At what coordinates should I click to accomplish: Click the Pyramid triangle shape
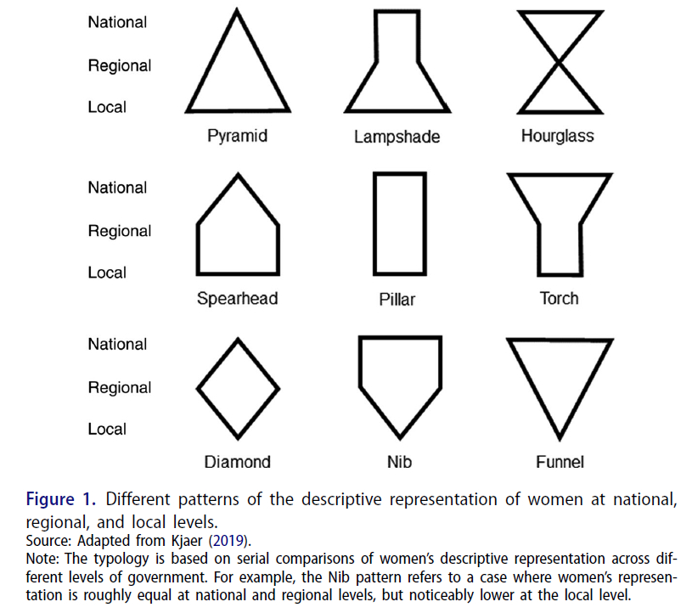[x=239, y=72]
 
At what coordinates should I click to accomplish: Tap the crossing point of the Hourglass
[x=558, y=62]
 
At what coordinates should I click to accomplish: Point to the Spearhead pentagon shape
[x=239, y=229]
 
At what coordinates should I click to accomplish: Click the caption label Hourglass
[x=558, y=136]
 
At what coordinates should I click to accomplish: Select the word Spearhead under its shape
[x=238, y=299]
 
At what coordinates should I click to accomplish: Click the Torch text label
[x=559, y=299]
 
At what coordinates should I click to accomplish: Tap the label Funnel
[x=560, y=463]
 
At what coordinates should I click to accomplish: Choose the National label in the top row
[x=117, y=22]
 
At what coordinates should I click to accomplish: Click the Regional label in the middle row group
[x=120, y=231]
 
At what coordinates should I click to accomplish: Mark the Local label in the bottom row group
[x=107, y=430]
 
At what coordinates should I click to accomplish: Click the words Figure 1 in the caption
[x=62, y=498]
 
